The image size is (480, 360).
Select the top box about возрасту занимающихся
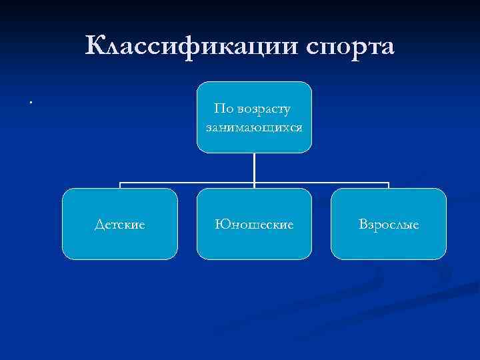coord(254,117)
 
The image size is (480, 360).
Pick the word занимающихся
coord(254,125)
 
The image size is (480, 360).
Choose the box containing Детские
coord(120,223)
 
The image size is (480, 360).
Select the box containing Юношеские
coord(254,223)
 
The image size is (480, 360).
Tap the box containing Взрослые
coord(389,223)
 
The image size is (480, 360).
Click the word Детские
coord(120,225)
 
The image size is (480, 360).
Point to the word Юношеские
coord(254,225)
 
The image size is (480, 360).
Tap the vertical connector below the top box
coord(254,167)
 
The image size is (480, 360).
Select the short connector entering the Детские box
coord(120,185)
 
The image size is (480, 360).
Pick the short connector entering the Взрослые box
coord(389,185)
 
